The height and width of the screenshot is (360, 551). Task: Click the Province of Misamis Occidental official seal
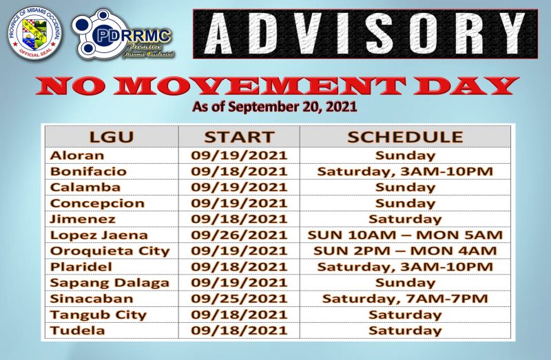(x=34, y=32)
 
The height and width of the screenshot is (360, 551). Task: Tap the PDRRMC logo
(x=123, y=34)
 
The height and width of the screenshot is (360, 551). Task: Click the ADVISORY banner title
(x=365, y=34)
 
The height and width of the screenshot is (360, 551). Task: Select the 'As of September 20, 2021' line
(x=275, y=107)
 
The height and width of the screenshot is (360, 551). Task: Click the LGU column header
(x=112, y=136)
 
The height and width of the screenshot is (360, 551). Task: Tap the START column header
(x=239, y=136)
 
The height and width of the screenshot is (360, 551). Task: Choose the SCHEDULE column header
(x=405, y=136)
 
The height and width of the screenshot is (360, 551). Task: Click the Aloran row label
(x=77, y=156)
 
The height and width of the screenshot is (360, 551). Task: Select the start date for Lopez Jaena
(x=239, y=235)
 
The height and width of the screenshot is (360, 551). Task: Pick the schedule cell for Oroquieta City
(x=405, y=251)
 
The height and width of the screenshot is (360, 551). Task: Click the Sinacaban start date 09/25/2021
(x=239, y=299)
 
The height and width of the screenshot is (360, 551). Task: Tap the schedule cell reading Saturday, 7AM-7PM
(x=405, y=299)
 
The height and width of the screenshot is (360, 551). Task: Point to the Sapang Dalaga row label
(x=110, y=283)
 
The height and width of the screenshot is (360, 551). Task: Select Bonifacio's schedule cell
(x=405, y=172)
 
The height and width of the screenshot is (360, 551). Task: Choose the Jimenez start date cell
(x=239, y=219)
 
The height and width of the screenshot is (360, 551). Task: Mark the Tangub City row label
(x=98, y=315)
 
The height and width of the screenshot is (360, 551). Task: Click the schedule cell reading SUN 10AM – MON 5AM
(x=405, y=235)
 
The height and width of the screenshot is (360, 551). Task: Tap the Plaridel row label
(x=81, y=266)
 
